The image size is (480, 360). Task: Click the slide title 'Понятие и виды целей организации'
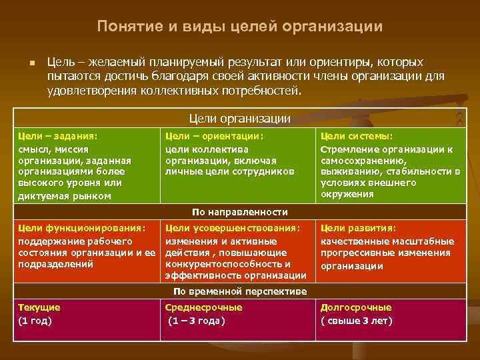tap(240, 27)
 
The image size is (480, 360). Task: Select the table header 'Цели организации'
tap(240, 119)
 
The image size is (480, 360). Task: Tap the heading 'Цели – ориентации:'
tap(215, 136)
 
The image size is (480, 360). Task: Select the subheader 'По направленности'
tap(240, 212)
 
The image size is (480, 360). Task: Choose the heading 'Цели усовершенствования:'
tap(233, 228)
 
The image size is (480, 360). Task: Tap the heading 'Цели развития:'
tap(359, 228)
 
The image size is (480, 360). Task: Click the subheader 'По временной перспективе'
tap(240, 291)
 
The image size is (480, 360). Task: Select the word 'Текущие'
tap(39, 308)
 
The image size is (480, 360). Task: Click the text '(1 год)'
tap(35, 321)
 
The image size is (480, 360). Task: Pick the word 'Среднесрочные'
tap(204, 308)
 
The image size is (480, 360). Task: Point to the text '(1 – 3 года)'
tap(196, 321)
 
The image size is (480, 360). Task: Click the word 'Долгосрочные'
tap(356, 308)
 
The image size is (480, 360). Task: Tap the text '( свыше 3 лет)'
tap(357, 321)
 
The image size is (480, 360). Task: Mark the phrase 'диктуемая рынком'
tap(65, 196)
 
